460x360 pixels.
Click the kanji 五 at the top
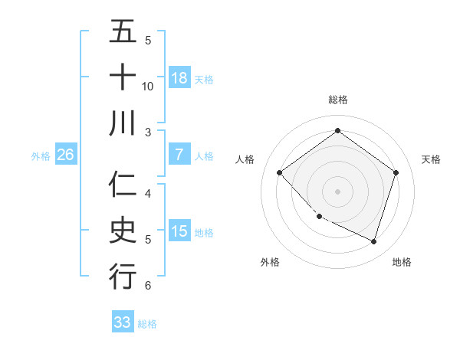click(123, 32)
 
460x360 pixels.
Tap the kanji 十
click(123, 77)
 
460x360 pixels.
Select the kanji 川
click(123, 123)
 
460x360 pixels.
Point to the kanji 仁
click(123, 185)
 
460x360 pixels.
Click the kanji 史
click(123, 231)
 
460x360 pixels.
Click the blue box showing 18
click(179, 77)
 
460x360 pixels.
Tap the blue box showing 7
click(179, 155)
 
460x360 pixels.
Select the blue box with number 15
click(179, 231)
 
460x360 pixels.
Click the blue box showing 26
click(66, 155)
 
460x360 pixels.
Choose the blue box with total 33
click(123, 322)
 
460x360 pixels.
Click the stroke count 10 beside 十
click(148, 86)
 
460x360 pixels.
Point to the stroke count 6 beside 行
click(148, 285)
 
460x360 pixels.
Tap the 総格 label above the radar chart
click(337, 100)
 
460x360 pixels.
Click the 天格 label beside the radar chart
click(431, 159)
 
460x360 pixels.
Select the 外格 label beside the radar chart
click(270, 262)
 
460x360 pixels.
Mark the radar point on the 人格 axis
click(280, 173)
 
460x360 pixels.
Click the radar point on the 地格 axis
click(373, 241)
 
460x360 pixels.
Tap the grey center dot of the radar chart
click(337, 191)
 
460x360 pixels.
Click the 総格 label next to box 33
click(147, 324)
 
